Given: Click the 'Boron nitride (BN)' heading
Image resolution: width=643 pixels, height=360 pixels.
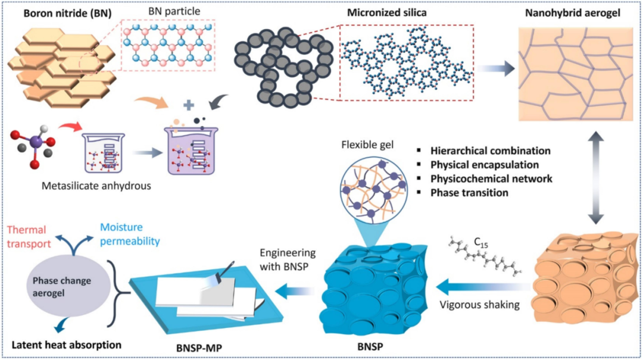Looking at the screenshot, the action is [x=67, y=13].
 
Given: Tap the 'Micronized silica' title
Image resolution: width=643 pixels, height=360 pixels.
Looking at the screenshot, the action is [x=387, y=12].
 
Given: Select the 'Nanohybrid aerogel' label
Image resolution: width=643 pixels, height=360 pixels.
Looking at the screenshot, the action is [x=573, y=13].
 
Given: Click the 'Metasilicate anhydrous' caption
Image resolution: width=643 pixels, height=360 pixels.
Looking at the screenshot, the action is [x=96, y=186].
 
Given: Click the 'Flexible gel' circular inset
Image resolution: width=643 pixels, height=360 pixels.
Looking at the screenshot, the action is [x=373, y=188].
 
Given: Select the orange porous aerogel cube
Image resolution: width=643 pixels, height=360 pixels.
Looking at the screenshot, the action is [x=586, y=277].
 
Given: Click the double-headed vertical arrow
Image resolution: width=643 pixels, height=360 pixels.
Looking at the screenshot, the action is [x=596, y=177].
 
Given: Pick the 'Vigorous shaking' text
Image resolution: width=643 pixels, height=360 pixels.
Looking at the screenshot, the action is [x=479, y=305].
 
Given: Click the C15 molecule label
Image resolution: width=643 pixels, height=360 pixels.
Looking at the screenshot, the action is [x=481, y=243].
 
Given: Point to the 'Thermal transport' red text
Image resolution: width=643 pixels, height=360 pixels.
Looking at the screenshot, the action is [x=29, y=237].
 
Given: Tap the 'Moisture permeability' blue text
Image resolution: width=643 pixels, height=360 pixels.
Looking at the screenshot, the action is [x=130, y=234].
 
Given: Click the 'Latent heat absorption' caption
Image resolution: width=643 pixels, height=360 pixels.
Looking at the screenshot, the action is [x=67, y=345].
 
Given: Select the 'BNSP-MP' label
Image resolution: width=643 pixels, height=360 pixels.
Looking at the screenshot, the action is [x=199, y=348].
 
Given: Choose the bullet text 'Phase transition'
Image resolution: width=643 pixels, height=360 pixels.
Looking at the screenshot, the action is [x=469, y=193].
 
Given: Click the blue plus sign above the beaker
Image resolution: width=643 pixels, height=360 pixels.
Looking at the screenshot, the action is [x=189, y=105].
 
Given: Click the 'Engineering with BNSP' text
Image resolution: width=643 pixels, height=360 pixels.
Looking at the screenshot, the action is [x=288, y=259].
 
